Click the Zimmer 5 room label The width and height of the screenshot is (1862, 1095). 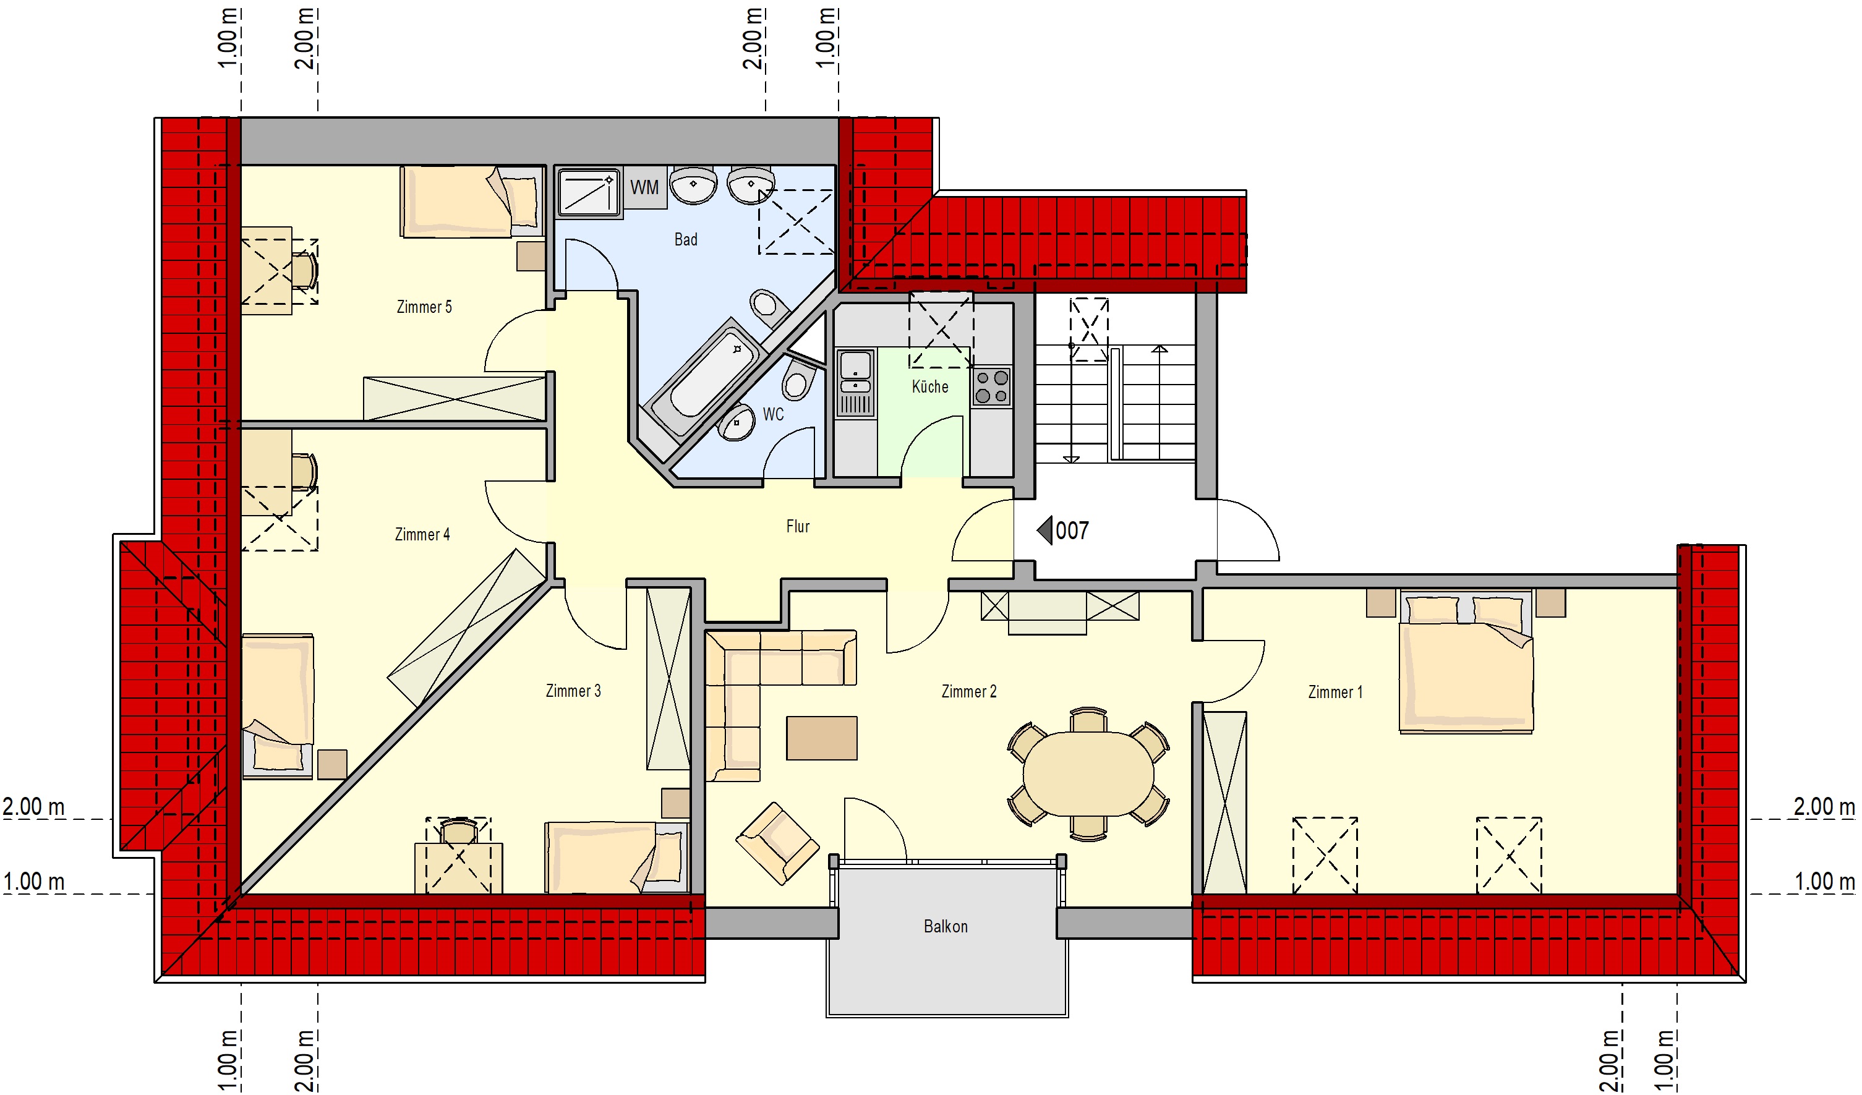(x=424, y=307)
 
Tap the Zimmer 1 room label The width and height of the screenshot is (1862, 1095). (x=1335, y=692)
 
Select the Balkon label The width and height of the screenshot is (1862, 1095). (x=946, y=927)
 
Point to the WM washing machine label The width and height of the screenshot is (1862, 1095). (x=644, y=188)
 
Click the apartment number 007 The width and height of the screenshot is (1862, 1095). (x=1072, y=530)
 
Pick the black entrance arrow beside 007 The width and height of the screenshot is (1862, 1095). (x=1045, y=530)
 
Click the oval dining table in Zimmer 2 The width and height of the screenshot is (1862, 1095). (x=1088, y=773)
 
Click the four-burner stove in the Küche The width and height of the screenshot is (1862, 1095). (x=991, y=387)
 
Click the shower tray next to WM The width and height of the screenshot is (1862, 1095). (x=589, y=192)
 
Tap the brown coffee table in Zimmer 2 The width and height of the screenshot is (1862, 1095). (x=822, y=738)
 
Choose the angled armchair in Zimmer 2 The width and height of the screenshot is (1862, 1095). (x=777, y=843)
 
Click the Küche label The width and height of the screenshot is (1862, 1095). (x=930, y=386)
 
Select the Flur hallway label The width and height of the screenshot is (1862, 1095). (x=798, y=526)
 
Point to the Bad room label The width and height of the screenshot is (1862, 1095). (x=686, y=239)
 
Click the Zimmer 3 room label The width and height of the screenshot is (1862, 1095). (x=573, y=691)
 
